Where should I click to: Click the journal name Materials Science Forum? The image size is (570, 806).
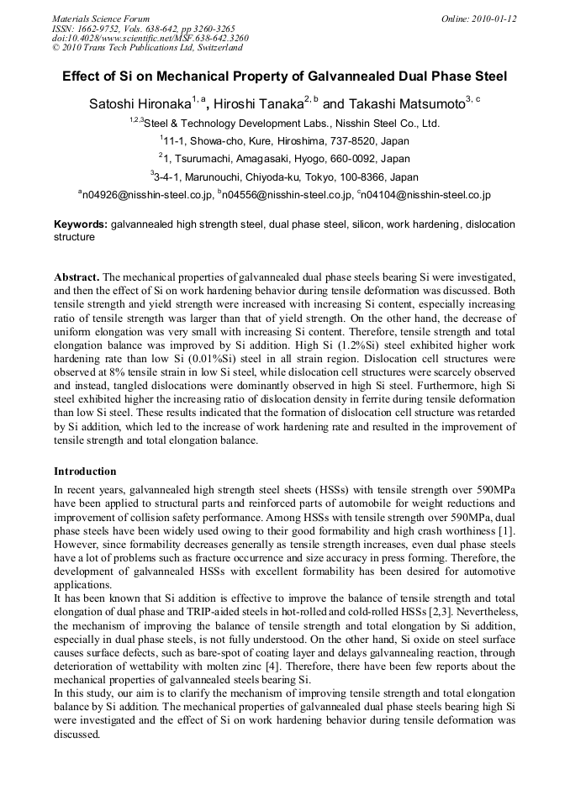click(101, 18)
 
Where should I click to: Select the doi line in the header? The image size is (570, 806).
click(150, 38)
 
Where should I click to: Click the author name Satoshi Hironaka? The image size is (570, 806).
click(140, 104)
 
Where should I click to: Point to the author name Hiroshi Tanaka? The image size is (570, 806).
click(257, 104)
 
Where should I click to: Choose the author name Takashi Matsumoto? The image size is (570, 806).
click(405, 104)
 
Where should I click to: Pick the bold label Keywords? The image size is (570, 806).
click(81, 225)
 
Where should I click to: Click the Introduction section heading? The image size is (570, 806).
click(85, 471)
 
